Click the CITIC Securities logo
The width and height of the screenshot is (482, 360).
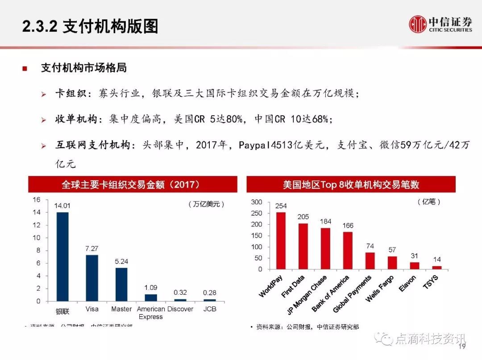tap(440, 24)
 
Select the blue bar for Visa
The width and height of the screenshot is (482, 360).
tap(92, 278)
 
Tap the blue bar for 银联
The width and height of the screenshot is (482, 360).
tap(62, 256)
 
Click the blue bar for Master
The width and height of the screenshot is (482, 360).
tap(121, 284)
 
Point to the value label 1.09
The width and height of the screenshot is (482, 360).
tap(151, 288)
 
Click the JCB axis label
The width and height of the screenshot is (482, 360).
tap(210, 309)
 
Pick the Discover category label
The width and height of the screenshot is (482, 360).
tap(180, 309)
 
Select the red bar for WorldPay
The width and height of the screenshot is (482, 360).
tap(281, 241)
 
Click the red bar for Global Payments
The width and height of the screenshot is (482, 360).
tap(370, 261)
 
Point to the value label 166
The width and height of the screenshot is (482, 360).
tap(348, 226)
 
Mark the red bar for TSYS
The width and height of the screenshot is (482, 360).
tap(436, 268)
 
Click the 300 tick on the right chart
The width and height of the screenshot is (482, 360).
tap(257, 202)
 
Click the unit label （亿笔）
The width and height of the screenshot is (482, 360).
tap(429, 202)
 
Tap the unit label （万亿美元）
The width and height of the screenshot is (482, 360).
tap(206, 204)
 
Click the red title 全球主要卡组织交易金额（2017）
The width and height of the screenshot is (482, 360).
tap(131, 184)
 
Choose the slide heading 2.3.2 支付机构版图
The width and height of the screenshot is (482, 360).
tap(90, 27)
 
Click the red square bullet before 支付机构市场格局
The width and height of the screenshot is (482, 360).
tap(25, 69)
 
